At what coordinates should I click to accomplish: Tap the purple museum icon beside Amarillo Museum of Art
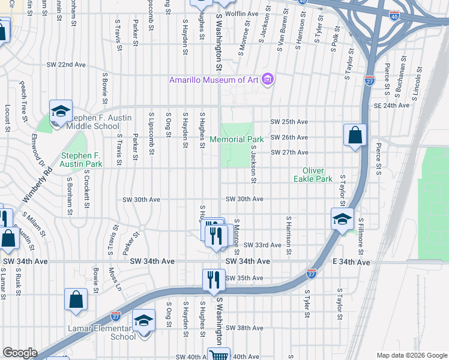click(x=268, y=80)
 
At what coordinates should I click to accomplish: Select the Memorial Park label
click(x=237, y=139)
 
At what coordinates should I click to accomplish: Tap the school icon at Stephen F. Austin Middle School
click(x=61, y=112)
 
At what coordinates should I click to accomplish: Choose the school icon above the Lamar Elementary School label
click(x=143, y=320)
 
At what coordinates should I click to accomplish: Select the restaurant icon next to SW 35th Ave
click(x=214, y=280)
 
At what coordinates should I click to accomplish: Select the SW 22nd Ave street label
click(x=67, y=65)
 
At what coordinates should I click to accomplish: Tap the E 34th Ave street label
click(x=353, y=262)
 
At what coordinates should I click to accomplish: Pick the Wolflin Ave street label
click(x=242, y=13)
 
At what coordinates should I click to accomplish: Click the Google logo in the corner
click(x=20, y=353)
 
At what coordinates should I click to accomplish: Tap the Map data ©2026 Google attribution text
click(x=411, y=355)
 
